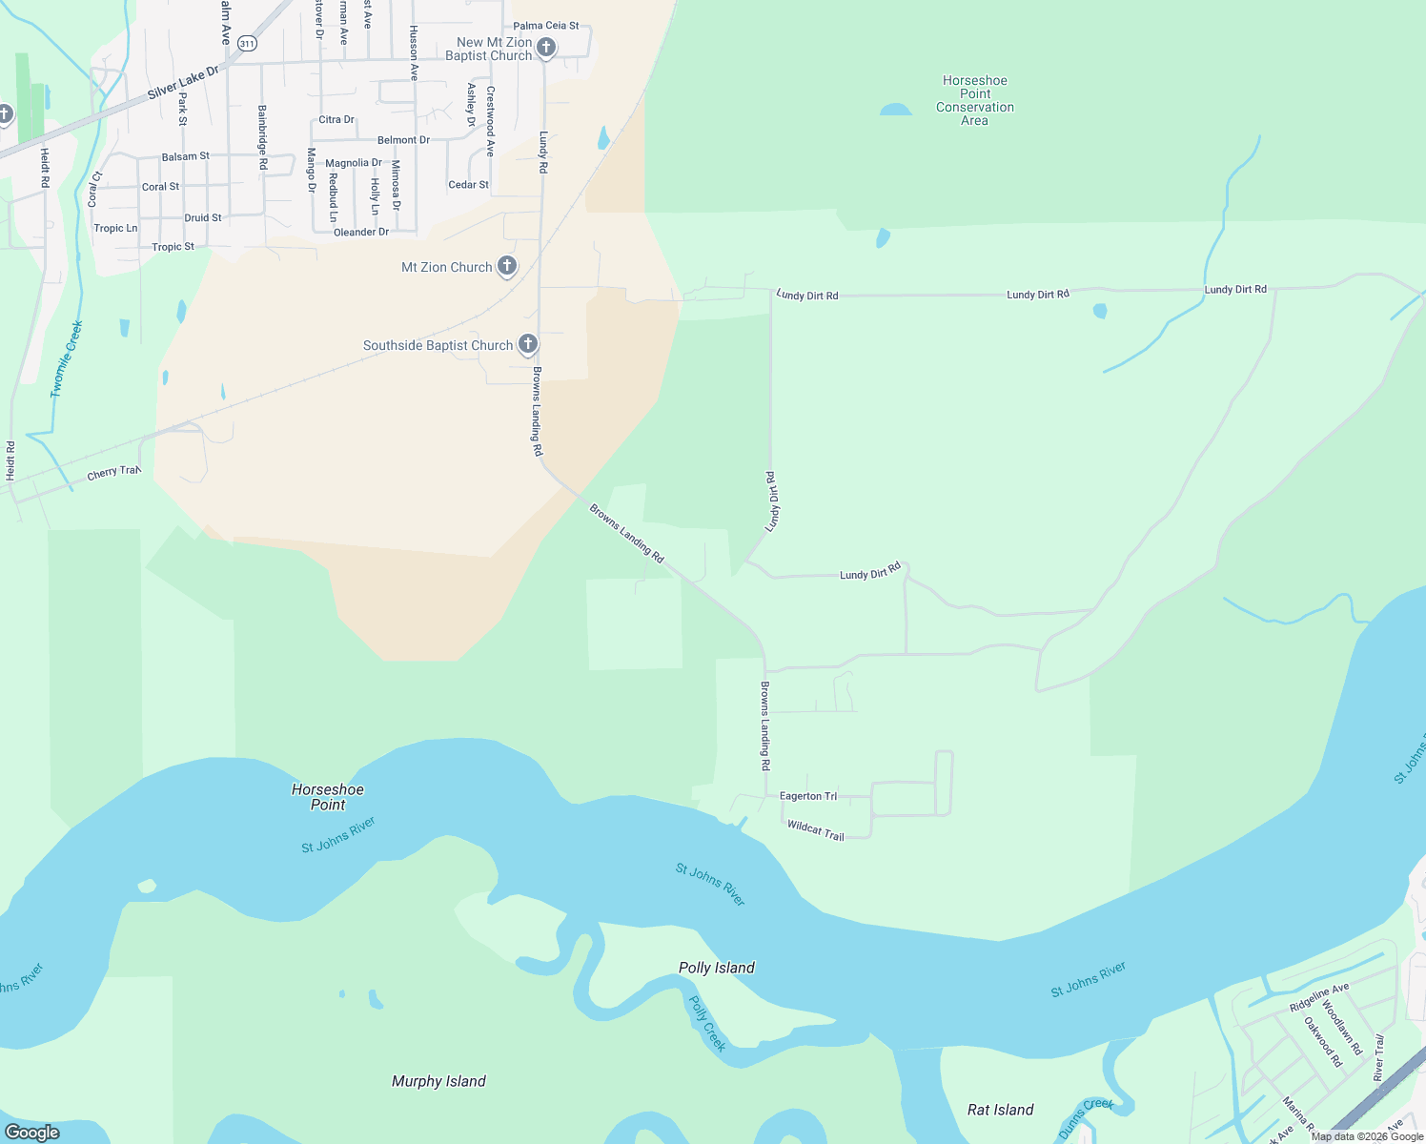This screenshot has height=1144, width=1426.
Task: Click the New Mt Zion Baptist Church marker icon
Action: (x=546, y=47)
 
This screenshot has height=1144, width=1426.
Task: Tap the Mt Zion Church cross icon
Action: (x=507, y=266)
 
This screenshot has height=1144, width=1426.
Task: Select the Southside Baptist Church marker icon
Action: (x=528, y=343)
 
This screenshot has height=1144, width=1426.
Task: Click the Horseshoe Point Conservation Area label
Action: (x=974, y=100)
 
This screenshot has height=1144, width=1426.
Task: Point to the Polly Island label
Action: (x=716, y=968)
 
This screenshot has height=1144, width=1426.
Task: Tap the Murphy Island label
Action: (x=438, y=1081)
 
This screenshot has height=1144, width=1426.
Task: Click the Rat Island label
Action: (x=1000, y=1110)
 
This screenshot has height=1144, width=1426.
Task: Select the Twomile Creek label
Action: (x=67, y=359)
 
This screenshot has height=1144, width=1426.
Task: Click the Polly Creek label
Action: (x=707, y=1023)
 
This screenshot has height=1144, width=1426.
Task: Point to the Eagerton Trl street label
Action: (x=807, y=796)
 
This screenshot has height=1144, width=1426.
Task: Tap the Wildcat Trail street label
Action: (x=816, y=830)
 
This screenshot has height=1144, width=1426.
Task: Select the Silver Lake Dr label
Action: (x=183, y=82)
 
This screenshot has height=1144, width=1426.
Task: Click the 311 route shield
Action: (x=248, y=44)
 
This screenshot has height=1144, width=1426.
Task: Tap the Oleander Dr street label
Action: (x=361, y=232)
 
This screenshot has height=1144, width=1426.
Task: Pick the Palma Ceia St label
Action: (x=545, y=26)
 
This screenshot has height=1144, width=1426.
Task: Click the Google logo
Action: (x=32, y=1133)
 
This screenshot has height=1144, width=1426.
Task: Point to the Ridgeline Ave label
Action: (x=1319, y=998)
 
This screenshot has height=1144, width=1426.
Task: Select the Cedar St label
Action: (x=468, y=185)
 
